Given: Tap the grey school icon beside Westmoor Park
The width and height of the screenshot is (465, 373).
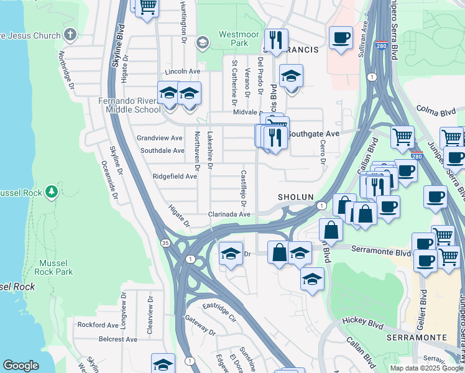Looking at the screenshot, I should pyautogui.click(x=202, y=42).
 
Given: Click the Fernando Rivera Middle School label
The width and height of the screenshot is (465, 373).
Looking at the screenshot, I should pyautogui.click(x=129, y=105).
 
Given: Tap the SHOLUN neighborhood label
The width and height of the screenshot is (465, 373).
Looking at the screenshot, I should pyautogui.click(x=295, y=197).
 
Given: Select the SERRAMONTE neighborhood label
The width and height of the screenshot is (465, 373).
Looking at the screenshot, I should pyautogui.click(x=417, y=337).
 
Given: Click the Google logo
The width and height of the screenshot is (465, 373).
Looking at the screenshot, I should pyautogui.click(x=21, y=366).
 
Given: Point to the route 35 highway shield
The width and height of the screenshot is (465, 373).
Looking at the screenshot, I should pyautogui.click(x=165, y=242).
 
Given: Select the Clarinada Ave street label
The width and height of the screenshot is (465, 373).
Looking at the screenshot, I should pyautogui.click(x=229, y=214).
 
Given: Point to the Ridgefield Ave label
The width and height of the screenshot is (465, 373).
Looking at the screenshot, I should pyautogui.click(x=175, y=177).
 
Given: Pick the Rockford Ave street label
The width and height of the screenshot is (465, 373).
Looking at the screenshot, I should pyautogui.click(x=98, y=325).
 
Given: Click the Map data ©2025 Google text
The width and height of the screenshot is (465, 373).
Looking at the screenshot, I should pyautogui.click(x=426, y=368).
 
